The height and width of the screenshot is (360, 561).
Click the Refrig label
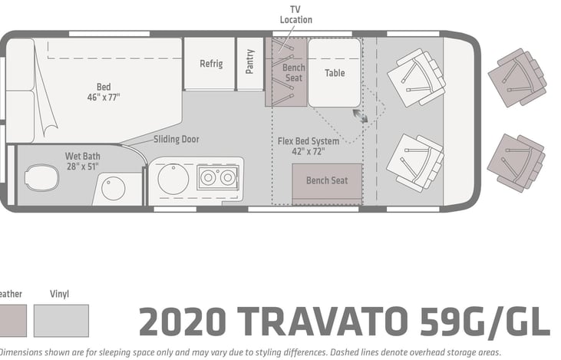[211, 64]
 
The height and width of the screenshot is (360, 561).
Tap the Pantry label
[249, 61]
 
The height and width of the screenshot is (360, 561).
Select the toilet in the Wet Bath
[42, 177]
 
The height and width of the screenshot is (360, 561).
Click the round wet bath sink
[114, 188]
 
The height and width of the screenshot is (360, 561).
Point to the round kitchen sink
[173, 179]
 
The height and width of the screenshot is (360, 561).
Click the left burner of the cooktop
[208, 177]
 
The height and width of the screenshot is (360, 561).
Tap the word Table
[335, 73]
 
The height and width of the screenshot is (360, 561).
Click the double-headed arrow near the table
[360, 116]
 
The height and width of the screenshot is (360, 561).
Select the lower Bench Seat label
[327, 180]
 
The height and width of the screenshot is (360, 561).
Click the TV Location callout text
[296, 15]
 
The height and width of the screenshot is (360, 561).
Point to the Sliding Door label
[177, 139]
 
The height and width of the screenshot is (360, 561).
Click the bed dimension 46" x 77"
[104, 97]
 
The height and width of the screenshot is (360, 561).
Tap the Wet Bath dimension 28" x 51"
[83, 167]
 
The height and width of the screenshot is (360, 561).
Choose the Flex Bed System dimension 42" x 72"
[309, 151]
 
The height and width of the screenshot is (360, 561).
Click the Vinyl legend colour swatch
[61, 321]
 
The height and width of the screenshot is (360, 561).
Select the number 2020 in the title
[183, 322]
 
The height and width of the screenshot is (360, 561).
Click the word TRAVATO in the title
[323, 322]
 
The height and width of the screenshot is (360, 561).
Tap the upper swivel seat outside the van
[517, 78]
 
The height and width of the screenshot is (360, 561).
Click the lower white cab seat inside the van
[416, 163]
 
